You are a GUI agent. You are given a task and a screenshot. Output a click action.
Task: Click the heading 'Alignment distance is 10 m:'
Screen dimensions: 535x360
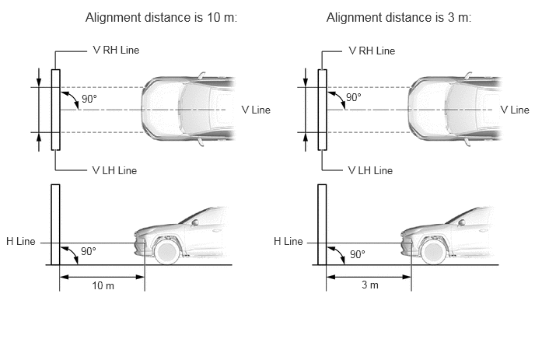[x=161, y=17]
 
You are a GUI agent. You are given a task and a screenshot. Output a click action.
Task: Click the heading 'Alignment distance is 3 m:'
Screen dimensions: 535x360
[x=398, y=17]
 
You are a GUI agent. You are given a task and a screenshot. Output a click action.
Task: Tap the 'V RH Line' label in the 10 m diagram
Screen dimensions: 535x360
[x=116, y=51]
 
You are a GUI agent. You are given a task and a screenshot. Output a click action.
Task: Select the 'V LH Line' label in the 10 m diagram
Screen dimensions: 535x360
[x=114, y=170]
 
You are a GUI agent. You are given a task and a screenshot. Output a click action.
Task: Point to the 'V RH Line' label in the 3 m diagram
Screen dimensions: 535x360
[x=372, y=51]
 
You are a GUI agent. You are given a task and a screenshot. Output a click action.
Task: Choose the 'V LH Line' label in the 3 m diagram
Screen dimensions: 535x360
[x=371, y=170]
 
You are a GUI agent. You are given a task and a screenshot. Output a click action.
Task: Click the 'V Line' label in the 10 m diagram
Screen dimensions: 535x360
[x=256, y=110]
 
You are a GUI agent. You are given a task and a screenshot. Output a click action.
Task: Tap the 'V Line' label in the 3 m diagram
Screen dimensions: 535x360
[x=515, y=110]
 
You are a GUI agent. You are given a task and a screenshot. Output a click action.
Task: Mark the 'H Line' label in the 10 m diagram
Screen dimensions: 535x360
[x=21, y=241]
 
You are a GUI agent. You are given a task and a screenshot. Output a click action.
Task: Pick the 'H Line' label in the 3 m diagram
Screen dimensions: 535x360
[x=288, y=241]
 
